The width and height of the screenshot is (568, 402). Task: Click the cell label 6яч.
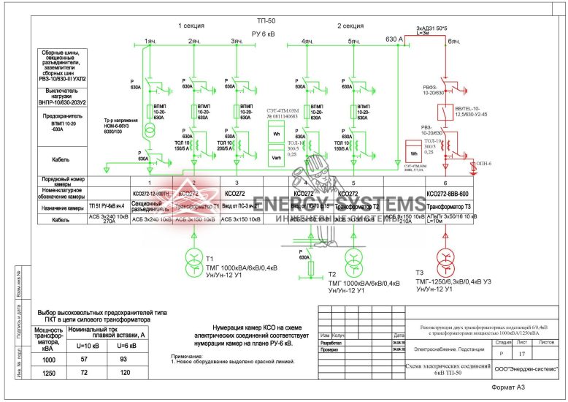[453, 42]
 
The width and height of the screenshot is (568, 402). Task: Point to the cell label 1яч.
[150, 42]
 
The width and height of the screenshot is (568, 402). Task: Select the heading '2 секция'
[350, 26]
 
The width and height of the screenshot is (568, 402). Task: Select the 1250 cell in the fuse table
[50, 373]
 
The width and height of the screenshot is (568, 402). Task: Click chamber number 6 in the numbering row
[445, 182]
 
